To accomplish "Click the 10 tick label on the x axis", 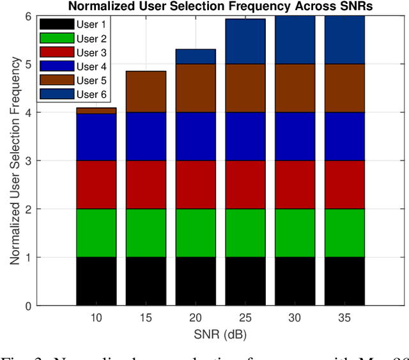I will [96, 318].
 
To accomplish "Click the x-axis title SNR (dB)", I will [220, 334].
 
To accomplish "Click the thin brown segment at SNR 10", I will [96, 111].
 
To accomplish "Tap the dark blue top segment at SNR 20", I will [196, 56].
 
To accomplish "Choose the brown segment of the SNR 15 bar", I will [146, 91].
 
